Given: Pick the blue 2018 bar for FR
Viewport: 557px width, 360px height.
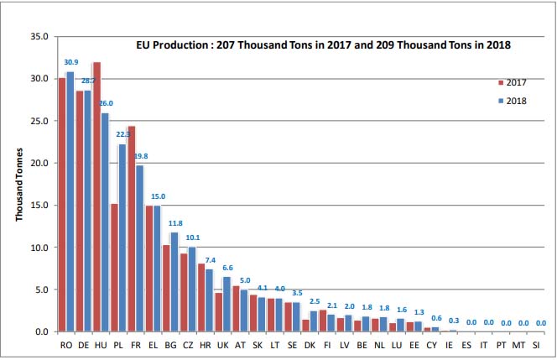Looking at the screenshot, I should [x=140, y=248].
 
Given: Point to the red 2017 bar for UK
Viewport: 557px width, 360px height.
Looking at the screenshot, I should [x=218, y=311].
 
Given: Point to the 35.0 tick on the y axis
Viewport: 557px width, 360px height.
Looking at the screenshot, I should [x=39, y=37].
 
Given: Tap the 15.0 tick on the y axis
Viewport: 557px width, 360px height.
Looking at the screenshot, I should [x=39, y=206].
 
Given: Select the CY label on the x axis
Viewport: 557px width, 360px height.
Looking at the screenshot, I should [x=431, y=345].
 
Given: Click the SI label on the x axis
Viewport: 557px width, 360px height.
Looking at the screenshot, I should [x=539, y=345].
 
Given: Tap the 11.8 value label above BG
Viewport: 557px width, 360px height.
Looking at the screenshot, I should [x=175, y=223].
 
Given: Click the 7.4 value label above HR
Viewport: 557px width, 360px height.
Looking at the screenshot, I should [x=211, y=260].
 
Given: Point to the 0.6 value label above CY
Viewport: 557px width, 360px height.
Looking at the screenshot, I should [x=435, y=318].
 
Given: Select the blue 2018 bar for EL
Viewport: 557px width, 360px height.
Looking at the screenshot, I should [x=158, y=269].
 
